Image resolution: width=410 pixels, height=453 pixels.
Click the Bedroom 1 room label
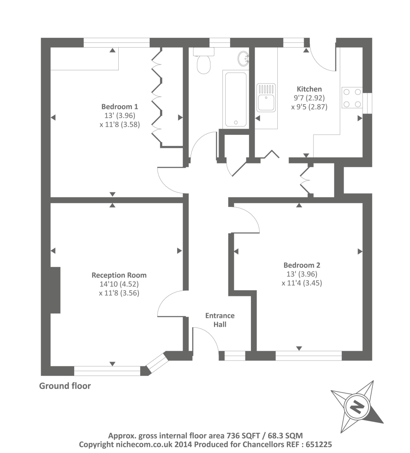(x=117, y=107)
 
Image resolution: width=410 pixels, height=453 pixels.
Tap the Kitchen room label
(x=309, y=89)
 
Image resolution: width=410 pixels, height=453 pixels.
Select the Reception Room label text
(x=119, y=275)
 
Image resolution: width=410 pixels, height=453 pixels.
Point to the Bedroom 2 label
(x=302, y=265)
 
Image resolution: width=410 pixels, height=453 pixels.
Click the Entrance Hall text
(x=220, y=320)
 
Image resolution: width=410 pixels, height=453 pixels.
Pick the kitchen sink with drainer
(x=266, y=98)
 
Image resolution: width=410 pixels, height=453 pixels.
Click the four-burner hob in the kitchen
(x=352, y=98)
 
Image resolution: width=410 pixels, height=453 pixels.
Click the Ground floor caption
(x=65, y=386)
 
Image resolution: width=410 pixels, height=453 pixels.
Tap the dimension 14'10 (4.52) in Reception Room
(x=119, y=284)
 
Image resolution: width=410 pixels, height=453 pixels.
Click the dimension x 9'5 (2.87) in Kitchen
(x=309, y=107)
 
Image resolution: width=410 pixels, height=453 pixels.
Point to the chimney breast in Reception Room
(x=55, y=290)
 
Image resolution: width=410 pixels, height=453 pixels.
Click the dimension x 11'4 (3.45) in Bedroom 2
(x=302, y=283)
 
